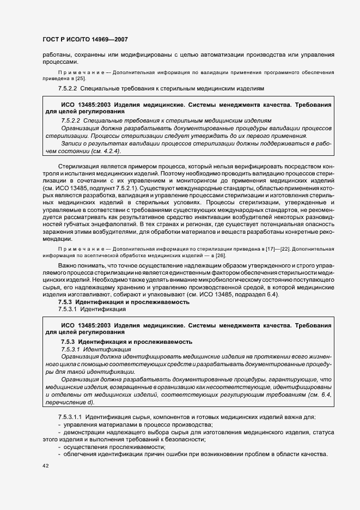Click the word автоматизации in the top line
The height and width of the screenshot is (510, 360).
click(215, 54)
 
